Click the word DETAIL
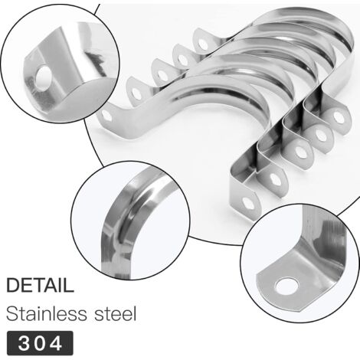coord(40,285)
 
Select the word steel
coord(116,313)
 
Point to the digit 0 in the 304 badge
coord(40,343)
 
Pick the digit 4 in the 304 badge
coord(56,343)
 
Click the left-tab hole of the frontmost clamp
coord(106,116)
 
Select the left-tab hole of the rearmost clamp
coord(203,44)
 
